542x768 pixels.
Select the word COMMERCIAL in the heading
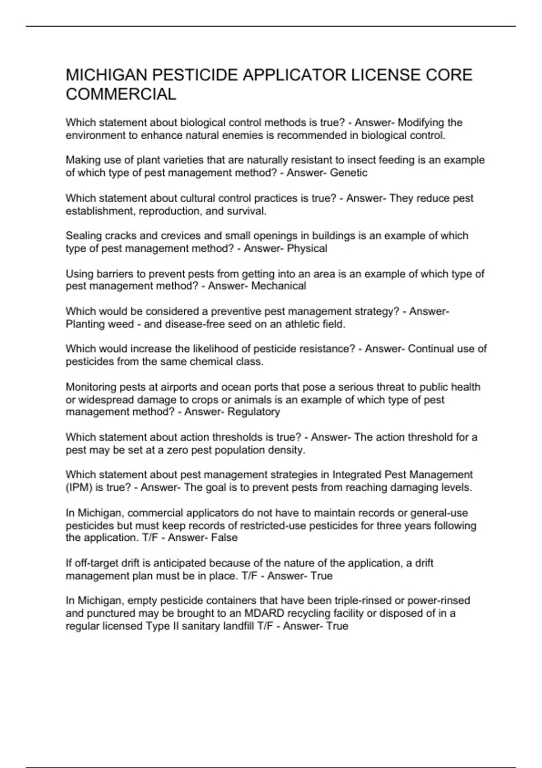pyautogui.click(x=121, y=94)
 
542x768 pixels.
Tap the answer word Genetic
pyautogui.click(x=349, y=173)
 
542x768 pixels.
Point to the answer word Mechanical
pyautogui.click(x=279, y=286)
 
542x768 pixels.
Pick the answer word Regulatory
pyautogui.click(x=254, y=412)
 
